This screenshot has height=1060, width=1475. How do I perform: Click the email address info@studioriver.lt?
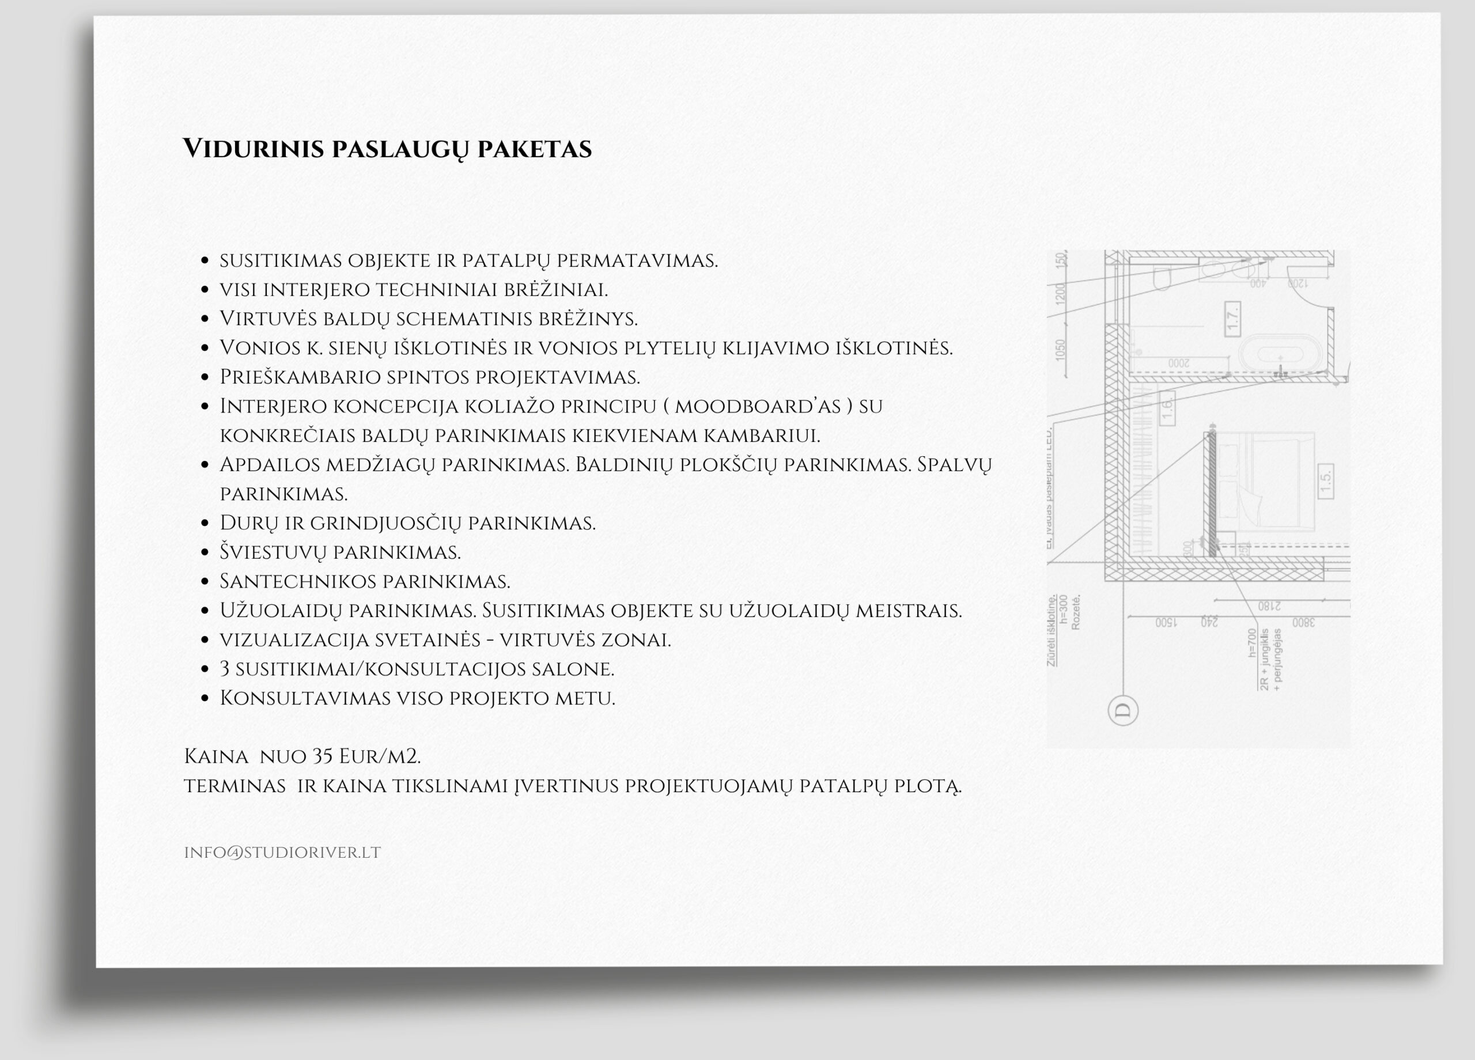click(282, 853)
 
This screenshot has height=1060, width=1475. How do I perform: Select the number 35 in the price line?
click(323, 756)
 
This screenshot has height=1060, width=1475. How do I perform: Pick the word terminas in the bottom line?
click(235, 786)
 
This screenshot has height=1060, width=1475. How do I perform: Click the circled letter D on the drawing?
click(1122, 710)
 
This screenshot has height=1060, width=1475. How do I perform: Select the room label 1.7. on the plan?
click(1232, 319)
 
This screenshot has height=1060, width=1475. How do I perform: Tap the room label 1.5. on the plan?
click(1325, 481)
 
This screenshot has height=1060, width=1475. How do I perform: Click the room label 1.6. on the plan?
click(1167, 408)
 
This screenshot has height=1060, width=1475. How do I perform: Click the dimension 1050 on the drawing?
click(1061, 350)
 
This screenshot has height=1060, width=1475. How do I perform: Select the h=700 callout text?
click(1252, 642)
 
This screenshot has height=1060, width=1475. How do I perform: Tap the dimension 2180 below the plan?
click(1269, 606)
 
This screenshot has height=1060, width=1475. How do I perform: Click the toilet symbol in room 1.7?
click(1161, 278)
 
